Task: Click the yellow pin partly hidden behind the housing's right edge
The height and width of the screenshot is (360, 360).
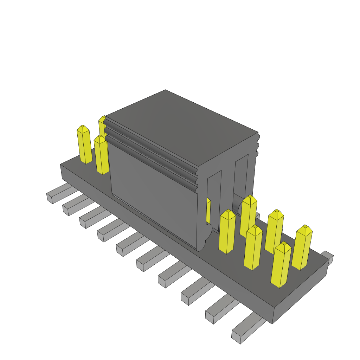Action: tap(208, 211)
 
